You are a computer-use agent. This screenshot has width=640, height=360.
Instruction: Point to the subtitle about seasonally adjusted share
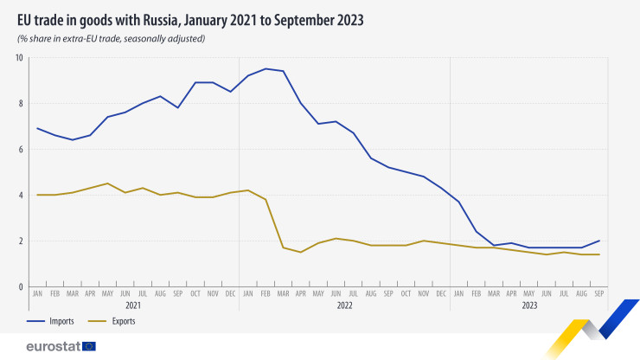pyautogui.click(x=111, y=39)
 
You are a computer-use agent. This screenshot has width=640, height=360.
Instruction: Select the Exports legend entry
pyautogui.click(x=123, y=321)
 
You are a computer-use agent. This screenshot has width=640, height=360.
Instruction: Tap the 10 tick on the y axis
pyautogui.click(x=18, y=58)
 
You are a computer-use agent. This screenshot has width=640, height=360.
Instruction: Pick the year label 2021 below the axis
pyautogui.click(x=133, y=305)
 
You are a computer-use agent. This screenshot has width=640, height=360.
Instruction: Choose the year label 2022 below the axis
pyautogui.click(x=344, y=305)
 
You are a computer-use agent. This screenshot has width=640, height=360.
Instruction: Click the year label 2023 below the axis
pyautogui.click(x=528, y=305)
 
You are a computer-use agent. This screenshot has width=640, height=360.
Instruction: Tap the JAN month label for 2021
pyautogui.click(x=37, y=294)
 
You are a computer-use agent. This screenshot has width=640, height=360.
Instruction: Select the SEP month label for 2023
pyautogui.click(x=599, y=294)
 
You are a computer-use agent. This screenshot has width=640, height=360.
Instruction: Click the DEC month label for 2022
pyautogui.click(x=441, y=294)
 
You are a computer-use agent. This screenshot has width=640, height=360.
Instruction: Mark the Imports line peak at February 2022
pyautogui.click(x=266, y=68)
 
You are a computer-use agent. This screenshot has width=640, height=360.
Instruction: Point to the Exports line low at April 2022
pyautogui.click(x=301, y=252)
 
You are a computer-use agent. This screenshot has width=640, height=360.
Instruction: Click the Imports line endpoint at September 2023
pyautogui.click(x=599, y=241)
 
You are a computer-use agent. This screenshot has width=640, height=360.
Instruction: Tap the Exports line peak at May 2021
pyautogui.click(x=107, y=183)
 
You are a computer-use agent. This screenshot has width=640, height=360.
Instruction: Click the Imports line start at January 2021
pyautogui.click(x=37, y=128)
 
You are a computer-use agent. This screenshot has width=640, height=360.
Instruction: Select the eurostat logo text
pyautogui.click(x=53, y=346)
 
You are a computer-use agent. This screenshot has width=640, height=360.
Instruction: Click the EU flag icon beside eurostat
pyautogui.click(x=88, y=346)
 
